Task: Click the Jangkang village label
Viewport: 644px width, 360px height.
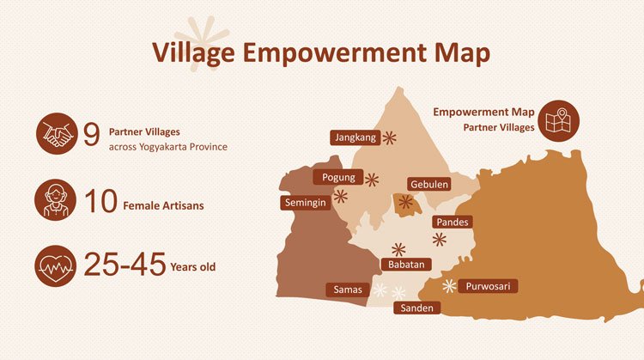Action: pyautogui.click(x=355, y=137)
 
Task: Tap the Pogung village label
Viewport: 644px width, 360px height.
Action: pyautogui.click(x=338, y=178)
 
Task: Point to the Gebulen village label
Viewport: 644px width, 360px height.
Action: pyautogui.click(x=427, y=185)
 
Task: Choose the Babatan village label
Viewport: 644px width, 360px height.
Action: pyautogui.click(x=405, y=265)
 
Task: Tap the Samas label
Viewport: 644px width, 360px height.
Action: pyautogui.click(x=349, y=290)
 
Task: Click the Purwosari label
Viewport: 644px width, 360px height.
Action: pyautogui.click(x=490, y=286)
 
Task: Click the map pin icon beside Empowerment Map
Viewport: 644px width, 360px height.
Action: pyautogui.click(x=562, y=120)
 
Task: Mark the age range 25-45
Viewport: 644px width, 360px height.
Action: pyautogui.click(x=124, y=265)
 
